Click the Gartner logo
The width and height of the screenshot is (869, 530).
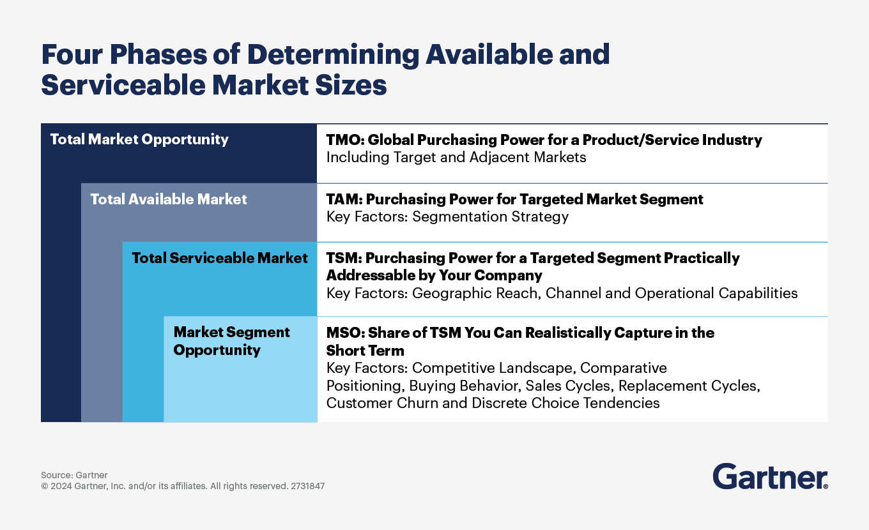[x=770, y=476]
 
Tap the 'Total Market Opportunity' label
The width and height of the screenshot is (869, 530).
[x=139, y=139]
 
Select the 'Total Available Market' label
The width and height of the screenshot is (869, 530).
[x=169, y=199]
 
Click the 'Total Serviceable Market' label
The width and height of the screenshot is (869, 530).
[x=220, y=258]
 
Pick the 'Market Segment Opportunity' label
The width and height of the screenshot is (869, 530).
[x=231, y=341]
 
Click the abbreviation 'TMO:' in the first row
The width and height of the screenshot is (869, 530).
[x=345, y=140]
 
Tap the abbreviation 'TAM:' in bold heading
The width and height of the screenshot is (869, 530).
[x=344, y=199]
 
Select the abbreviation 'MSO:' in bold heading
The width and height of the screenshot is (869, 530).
[x=346, y=333]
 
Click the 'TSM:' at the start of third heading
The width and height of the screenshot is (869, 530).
[x=344, y=258]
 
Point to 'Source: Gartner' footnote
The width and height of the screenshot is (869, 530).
[x=74, y=475]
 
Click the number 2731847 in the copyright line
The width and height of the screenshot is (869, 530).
[x=307, y=486]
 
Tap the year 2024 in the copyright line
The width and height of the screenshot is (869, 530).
[x=61, y=486]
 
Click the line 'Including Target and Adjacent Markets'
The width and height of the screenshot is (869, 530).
[x=456, y=157]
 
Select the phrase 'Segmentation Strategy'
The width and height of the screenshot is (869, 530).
[x=491, y=216]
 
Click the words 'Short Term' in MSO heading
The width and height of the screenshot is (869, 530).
[x=365, y=351]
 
